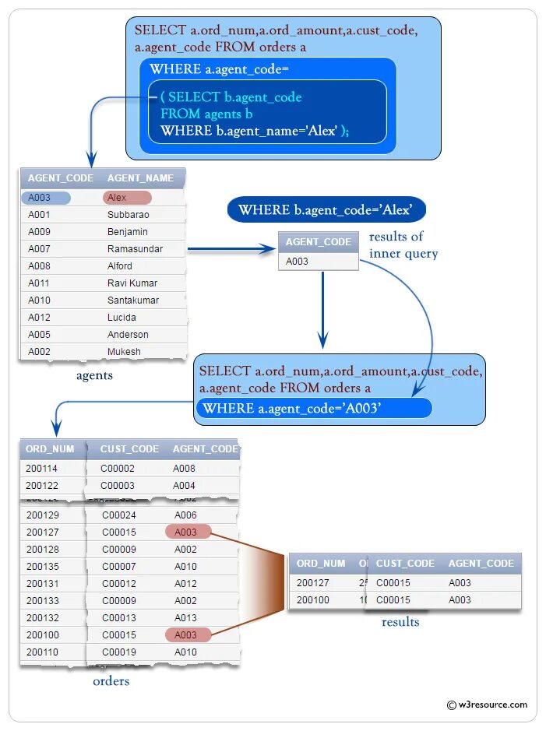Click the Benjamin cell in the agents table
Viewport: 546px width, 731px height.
pyautogui.click(x=127, y=232)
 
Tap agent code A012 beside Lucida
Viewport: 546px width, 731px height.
pyautogui.click(x=39, y=318)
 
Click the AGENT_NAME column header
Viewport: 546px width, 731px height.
pyautogui.click(x=140, y=178)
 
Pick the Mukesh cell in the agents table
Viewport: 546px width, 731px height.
pyautogui.click(x=124, y=352)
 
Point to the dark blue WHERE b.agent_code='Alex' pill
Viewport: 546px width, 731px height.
pyautogui.click(x=326, y=210)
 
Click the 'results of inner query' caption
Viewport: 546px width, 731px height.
pyautogui.click(x=403, y=245)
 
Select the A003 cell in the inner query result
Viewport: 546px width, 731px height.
pyautogui.click(x=298, y=262)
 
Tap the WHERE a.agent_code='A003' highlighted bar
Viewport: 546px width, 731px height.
pyautogui.click(x=313, y=409)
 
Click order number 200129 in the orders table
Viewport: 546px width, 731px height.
pyautogui.click(x=42, y=515)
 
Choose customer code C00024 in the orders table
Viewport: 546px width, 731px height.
pyautogui.click(x=118, y=515)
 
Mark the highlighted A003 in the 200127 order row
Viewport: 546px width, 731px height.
pyautogui.click(x=187, y=532)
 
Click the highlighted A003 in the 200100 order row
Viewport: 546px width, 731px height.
pyautogui.click(x=187, y=635)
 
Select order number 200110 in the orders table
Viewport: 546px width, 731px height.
pyautogui.click(x=42, y=652)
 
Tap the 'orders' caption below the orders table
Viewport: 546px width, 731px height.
pyautogui.click(x=111, y=682)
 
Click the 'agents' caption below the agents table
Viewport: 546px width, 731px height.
pyautogui.click(x=94, y=376)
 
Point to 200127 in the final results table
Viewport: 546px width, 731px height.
pyautogui.click(x=313, y=583)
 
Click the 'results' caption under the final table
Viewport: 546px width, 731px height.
pyautogui.click(x=400, y=622)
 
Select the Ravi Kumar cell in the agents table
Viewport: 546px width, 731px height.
pyautogui.click(x=132, y=283)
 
